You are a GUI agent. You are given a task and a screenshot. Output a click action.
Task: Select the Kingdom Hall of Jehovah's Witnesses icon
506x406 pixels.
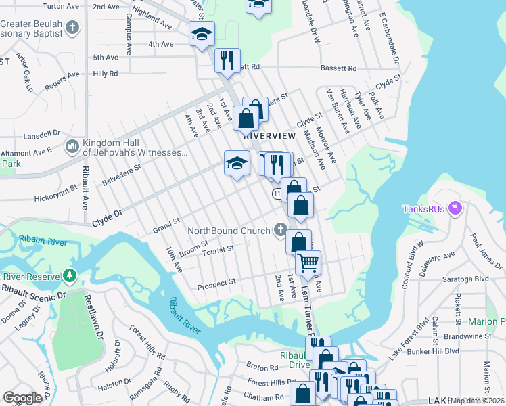[x=73, y=146]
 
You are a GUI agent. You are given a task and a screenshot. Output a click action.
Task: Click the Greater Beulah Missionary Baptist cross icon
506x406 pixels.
[x=73, y=29]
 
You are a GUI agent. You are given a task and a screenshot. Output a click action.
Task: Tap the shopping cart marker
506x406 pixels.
[x=308, y=262]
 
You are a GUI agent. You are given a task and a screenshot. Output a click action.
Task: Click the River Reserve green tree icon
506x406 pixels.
[x=69, y=276]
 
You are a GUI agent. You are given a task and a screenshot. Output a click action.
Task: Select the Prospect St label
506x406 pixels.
[x=216, y=284]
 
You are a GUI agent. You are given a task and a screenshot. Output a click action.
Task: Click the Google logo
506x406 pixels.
[x=22, y=397]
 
